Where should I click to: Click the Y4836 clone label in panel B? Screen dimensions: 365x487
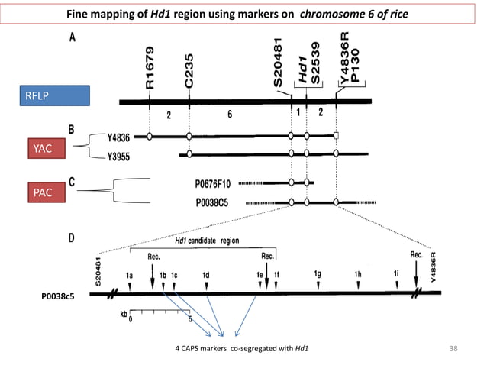(118, 137)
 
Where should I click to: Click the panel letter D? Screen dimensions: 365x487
(74, 238)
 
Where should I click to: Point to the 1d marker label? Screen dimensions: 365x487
(206, 274)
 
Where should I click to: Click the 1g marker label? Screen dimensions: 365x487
(317, 273)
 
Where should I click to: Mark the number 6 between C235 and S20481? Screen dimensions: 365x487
(229, 113)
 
